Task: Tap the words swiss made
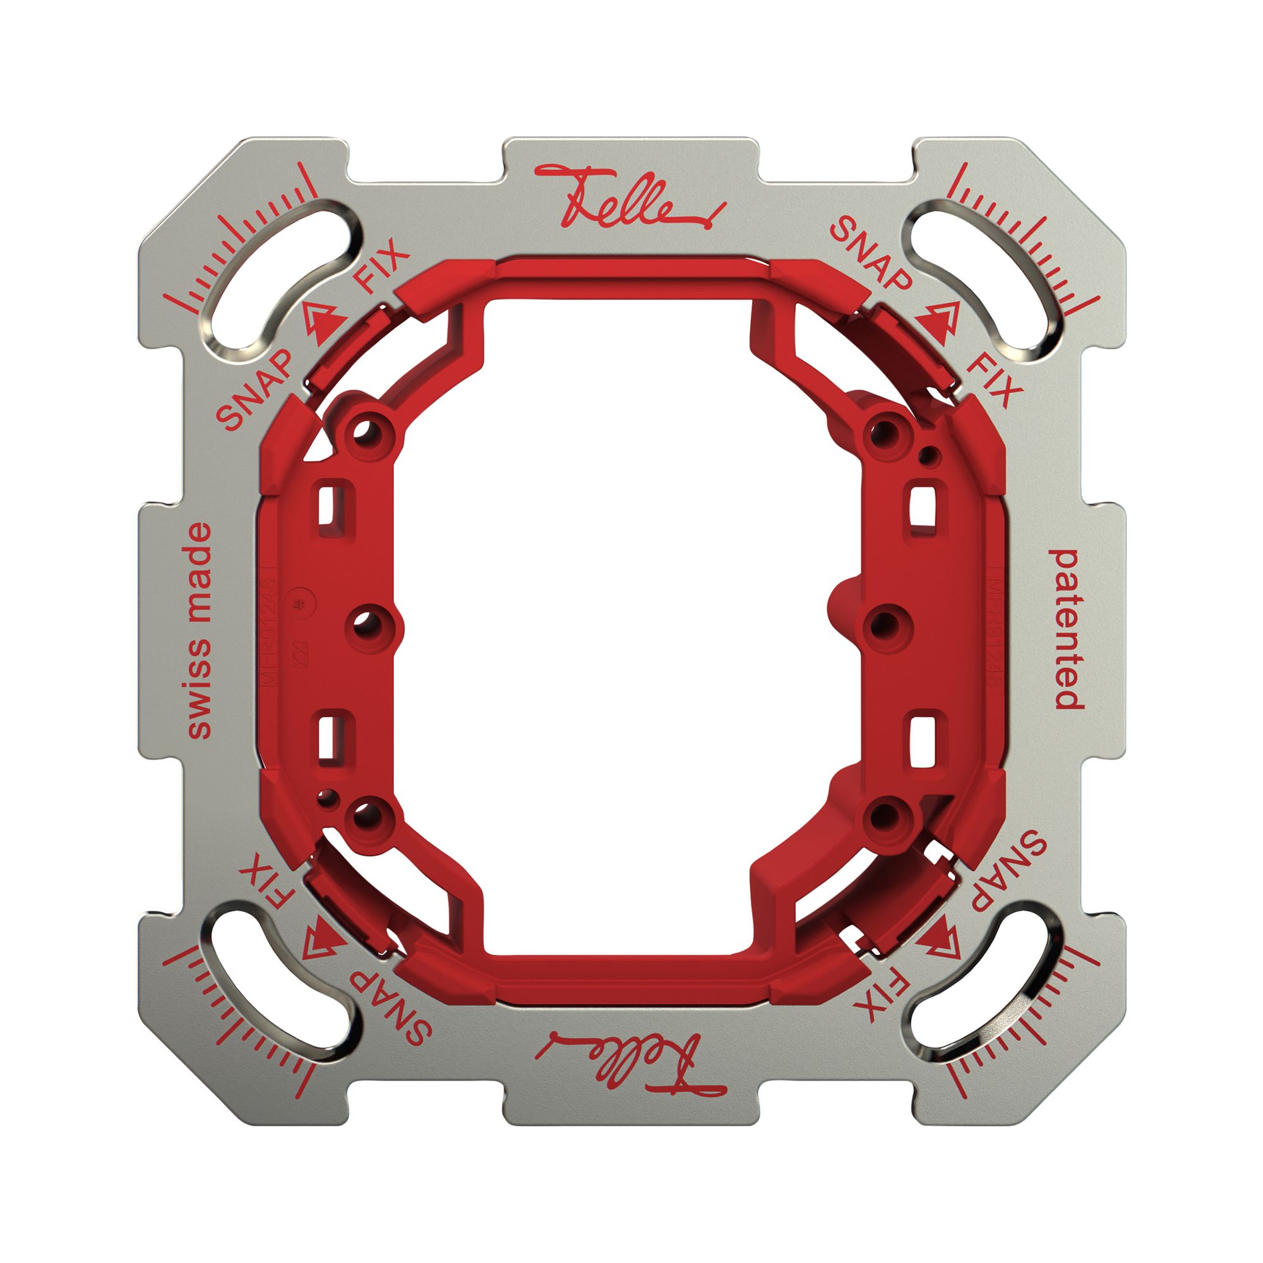(x=200, y=630)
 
